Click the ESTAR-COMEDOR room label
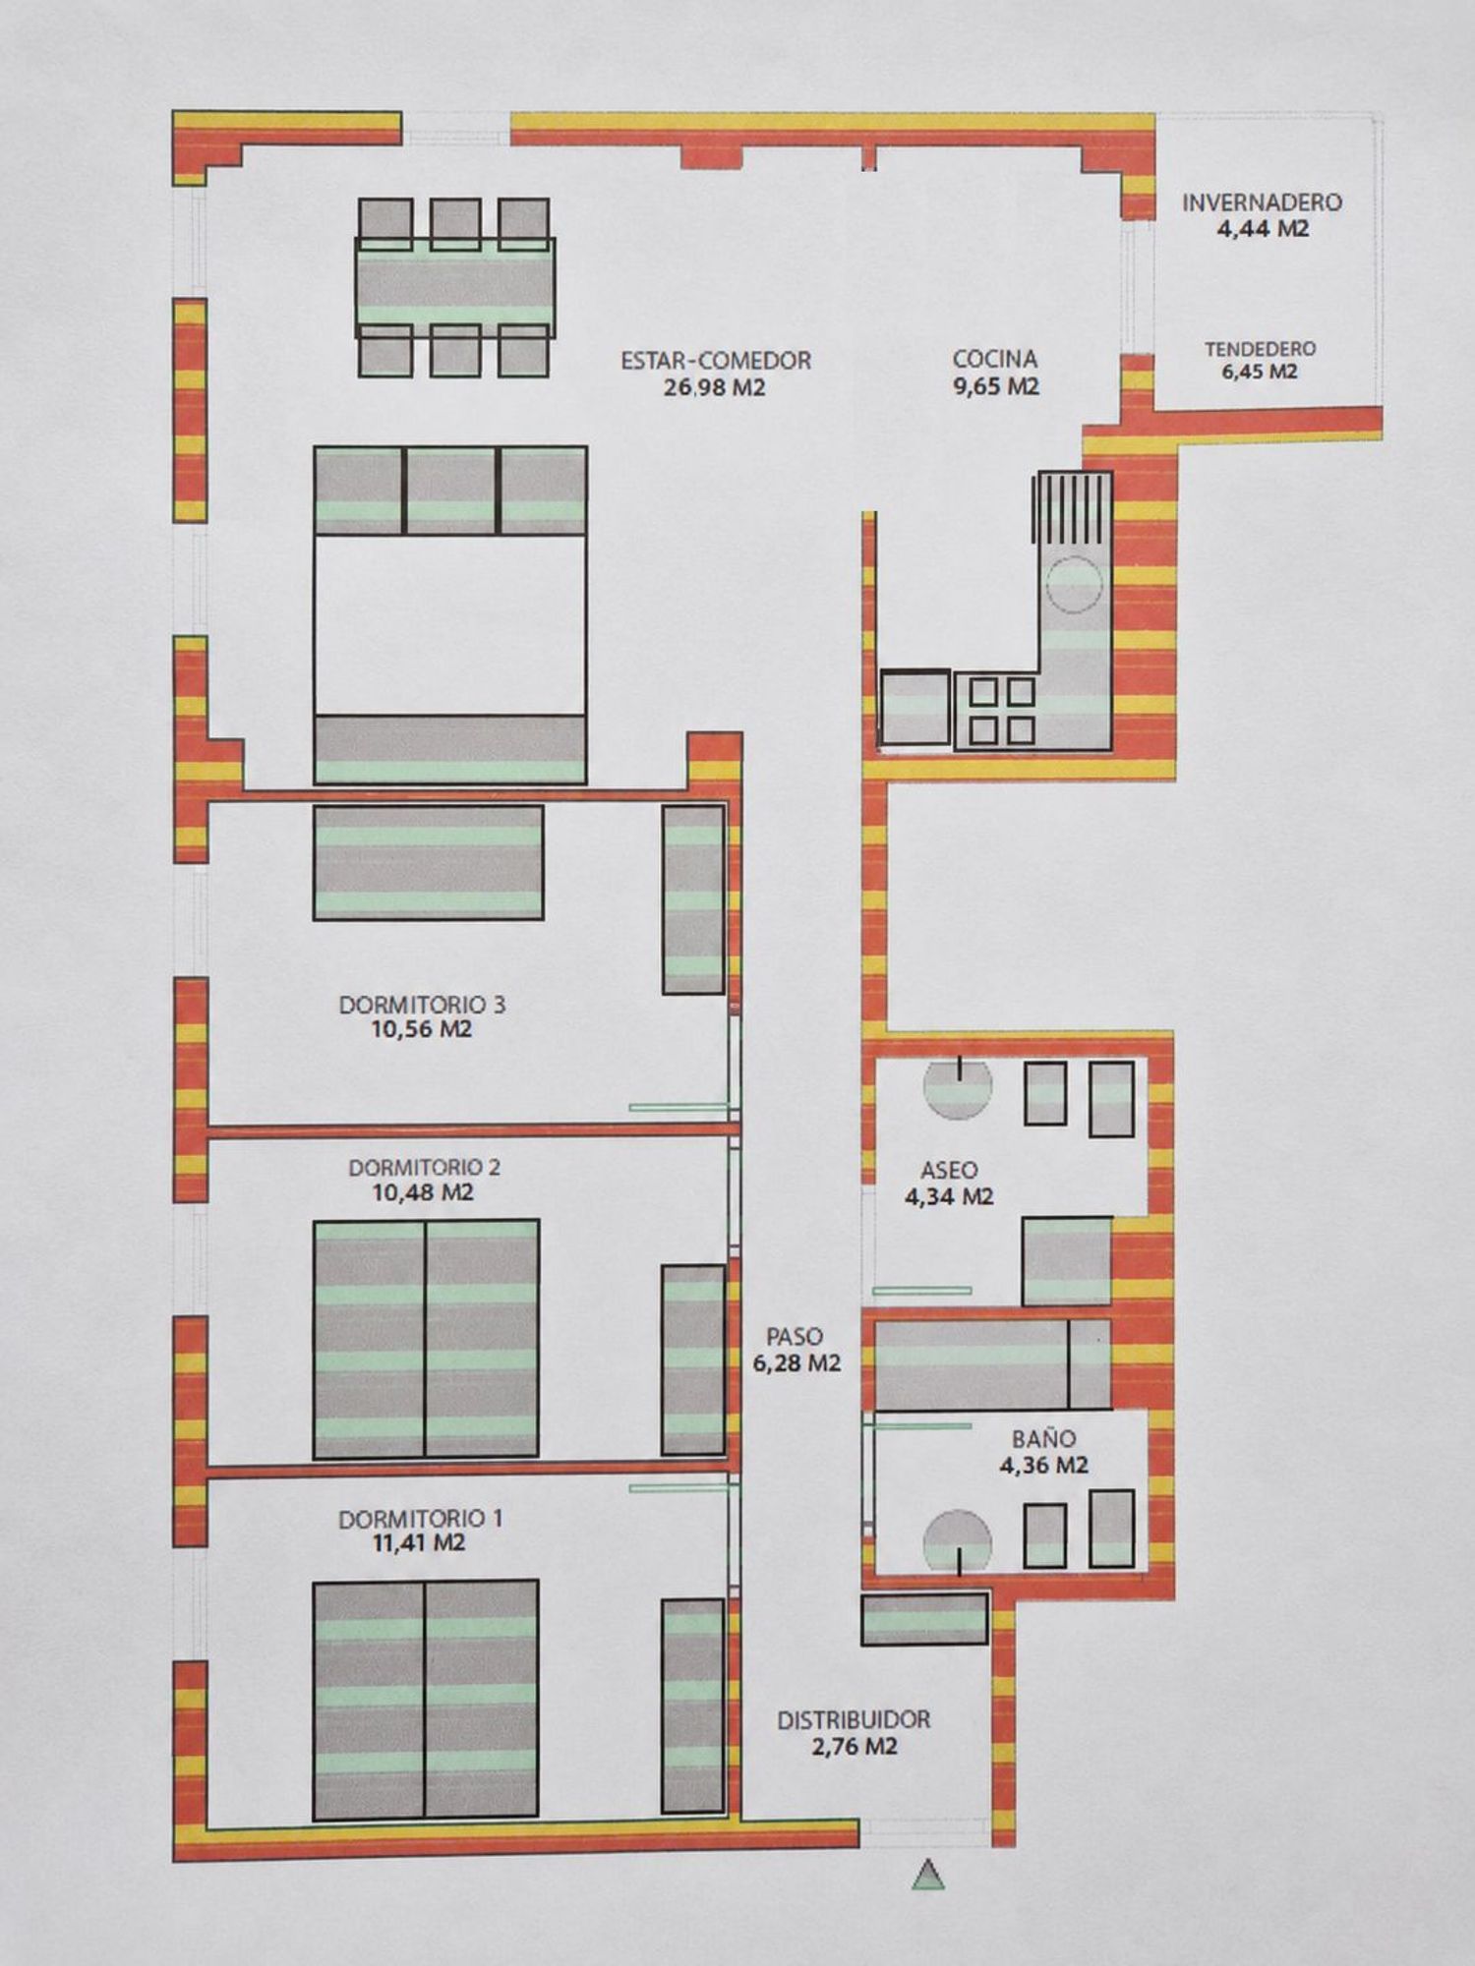[x=716, y=361]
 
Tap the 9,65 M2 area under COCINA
[x=995, y=386]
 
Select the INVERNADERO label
[x=1262, y=202]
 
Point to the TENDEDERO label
[x=1261, y=349]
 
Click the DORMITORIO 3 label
[x=422, y=1005]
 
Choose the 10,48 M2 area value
[x=423, y=1192]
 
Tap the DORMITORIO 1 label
[x=420, y=1519]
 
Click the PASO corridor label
[x=795, y=1337]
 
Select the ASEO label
[x=949, y=1171]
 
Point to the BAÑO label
[x=1043, y=1439]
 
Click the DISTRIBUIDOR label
[x=854, y=1720]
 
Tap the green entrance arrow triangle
[x=928, y=1876]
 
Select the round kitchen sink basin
[x=1075, y=584]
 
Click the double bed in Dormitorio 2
[x=426, y=1339]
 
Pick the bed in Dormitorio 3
[x=428, y=862]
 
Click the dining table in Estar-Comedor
[x=454, y=287]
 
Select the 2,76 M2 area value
[x=854, y=1747]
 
